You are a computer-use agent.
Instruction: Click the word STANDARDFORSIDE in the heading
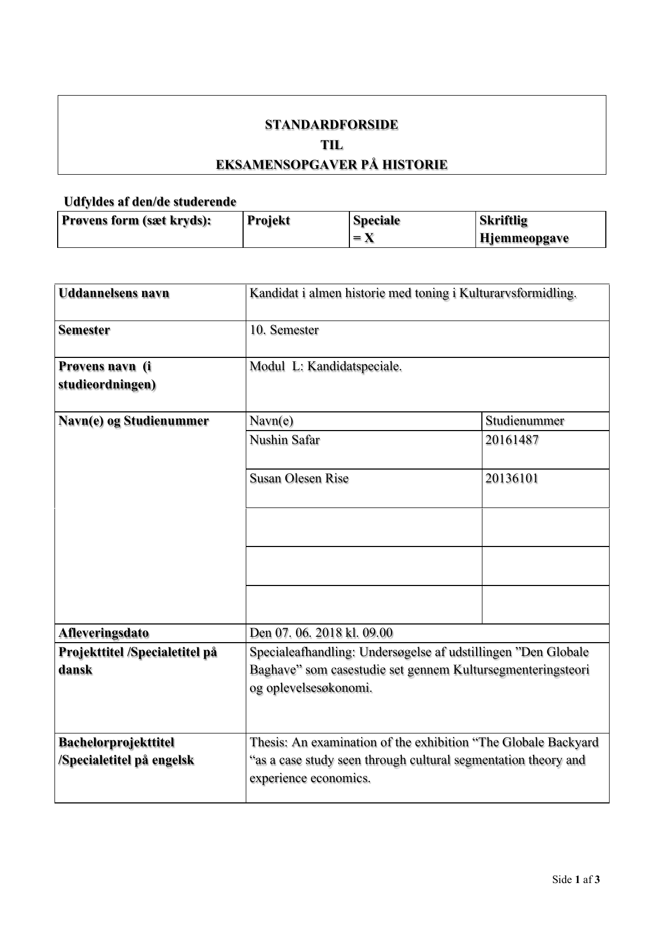[331, 125]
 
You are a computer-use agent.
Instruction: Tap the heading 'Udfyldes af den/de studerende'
[150, 202]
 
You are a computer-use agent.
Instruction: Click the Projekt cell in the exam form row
[269, 221]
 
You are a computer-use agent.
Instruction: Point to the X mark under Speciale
[369, 238]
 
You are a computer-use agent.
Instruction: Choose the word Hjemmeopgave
[524, 238]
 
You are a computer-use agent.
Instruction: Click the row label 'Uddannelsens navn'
[114, 293]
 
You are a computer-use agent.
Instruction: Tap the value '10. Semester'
[284, 330]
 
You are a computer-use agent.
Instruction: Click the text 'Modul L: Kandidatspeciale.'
[325, 366]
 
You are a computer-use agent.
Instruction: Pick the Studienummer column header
[525, 421]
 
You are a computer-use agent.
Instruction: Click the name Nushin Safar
[285, 440]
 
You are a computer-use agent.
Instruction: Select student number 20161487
[512, 440]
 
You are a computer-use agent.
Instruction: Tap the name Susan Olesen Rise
[299, 478]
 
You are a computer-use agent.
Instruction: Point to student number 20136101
[512, 478]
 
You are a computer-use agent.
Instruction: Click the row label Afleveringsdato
[104, 633]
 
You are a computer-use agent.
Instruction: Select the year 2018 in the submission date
[329, 633]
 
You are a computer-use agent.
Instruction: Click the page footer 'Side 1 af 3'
[576, 880]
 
